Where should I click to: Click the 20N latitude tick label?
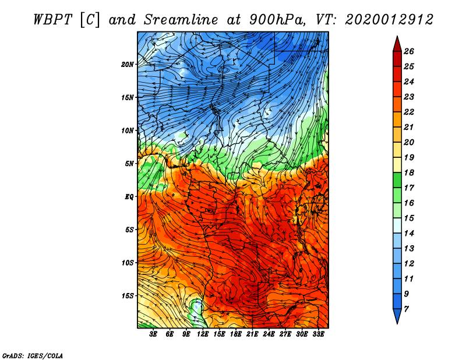click(x=128, y=65)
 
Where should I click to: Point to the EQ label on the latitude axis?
click(x=129, y=197)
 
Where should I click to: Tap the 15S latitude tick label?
click(x=128, y=296)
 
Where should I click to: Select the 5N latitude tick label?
click(x=129, y=164)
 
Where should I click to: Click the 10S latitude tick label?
click(x=128, y=263)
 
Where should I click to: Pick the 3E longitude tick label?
click(x=153, y=334)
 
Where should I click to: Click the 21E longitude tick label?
click(x=252, y=334)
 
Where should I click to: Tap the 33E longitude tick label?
click(x=318, y=334)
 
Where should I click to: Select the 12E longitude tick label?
click(x=202, y=334)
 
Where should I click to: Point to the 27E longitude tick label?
click(x=285, y=334)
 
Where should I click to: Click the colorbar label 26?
click(x=409, y=51)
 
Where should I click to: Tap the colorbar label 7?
click(x=406, y=309)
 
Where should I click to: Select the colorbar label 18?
click(x=409, y=172)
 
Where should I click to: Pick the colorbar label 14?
click(x=409, y=234)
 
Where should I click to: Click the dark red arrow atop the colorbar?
click(x=397, y=44)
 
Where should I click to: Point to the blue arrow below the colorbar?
click(x=397, y=316)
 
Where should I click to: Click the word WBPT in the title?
click(x=52, y=20)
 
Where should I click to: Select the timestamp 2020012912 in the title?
click(x=389, y=20)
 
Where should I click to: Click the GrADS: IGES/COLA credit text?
click(x=33, y=356)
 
